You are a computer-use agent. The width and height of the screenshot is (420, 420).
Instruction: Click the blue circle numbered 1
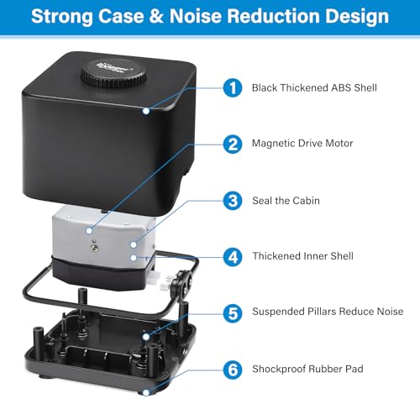pyautogui.click(x=233, y=88)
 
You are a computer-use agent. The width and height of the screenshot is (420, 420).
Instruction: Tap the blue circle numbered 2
pyautogui.click(x=233, y=144)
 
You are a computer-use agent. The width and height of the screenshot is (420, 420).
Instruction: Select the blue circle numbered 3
pyautogui.click(x=233, y=201)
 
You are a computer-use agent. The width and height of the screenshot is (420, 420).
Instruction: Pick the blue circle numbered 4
pyautogui.click(x=233, y=257)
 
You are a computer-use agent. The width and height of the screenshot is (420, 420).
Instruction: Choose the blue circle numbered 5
pyautogui.click(x=233, y=313)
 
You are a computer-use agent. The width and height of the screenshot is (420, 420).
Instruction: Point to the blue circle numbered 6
pyautogui.click(x=233, y=370)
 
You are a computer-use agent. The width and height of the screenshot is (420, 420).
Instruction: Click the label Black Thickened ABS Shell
pyautogui.click(x=314, y=88)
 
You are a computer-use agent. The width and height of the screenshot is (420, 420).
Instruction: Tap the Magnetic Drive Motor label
pyautogui.click(x=302, y=144)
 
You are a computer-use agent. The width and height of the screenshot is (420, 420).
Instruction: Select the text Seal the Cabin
pyautogui.click(x=286, y=201)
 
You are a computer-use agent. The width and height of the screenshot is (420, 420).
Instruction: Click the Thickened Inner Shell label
pyautogui.click(x=302, y=256)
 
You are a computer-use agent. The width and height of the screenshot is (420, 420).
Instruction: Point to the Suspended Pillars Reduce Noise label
pyautogui.click(x=328, y=312)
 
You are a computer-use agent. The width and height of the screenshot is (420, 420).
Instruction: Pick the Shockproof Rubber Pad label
pyautogui.click(x=307, y=369)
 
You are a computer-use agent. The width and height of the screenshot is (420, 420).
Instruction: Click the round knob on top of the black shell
pyautogui.click(x=113, y=72)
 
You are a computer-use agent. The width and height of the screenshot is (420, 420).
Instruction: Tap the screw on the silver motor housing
pyautogui.click(x=94, y=247)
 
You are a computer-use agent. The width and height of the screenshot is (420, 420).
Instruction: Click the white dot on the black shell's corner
pyautogui.click(x=146, y=111)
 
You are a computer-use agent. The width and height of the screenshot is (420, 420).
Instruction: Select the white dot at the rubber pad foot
pyautogui.click(x=146, y=393)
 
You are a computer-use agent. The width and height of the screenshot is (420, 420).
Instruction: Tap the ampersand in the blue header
pyautogui.click(x=156, y=16)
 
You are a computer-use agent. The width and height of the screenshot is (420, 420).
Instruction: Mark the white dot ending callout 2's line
pyautogui.click(x=89, y=231)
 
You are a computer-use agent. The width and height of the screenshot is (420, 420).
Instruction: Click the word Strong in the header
pyautogui.click(x=62, y=17)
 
